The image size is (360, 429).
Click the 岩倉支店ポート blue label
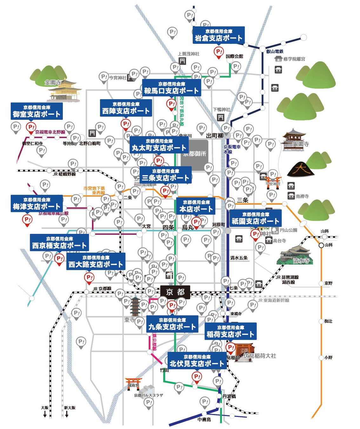coord(218,35)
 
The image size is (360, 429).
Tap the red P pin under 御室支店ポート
coord(31,128)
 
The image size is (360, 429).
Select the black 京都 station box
coord(175,292)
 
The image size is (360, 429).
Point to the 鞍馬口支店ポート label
coord(171,88)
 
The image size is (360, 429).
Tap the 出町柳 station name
coord(215,136)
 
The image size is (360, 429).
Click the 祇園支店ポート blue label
coord(255,218)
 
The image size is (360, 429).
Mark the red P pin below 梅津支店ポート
coord(27,220)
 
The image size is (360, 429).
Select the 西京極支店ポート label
coord(59,242)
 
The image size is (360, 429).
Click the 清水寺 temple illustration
coord(295,255)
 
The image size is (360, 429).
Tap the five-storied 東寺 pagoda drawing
coord(135,307)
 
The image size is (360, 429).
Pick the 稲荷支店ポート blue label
coord(230,331)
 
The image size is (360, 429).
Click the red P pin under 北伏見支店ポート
coord(197,378)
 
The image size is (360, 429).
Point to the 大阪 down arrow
coord(45,414)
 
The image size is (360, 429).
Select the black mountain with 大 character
coord(300,169)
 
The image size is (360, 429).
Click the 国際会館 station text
coord(234,56)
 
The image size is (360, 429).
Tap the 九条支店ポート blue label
coord(172,324)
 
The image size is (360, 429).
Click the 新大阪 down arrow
coord(67,414)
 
